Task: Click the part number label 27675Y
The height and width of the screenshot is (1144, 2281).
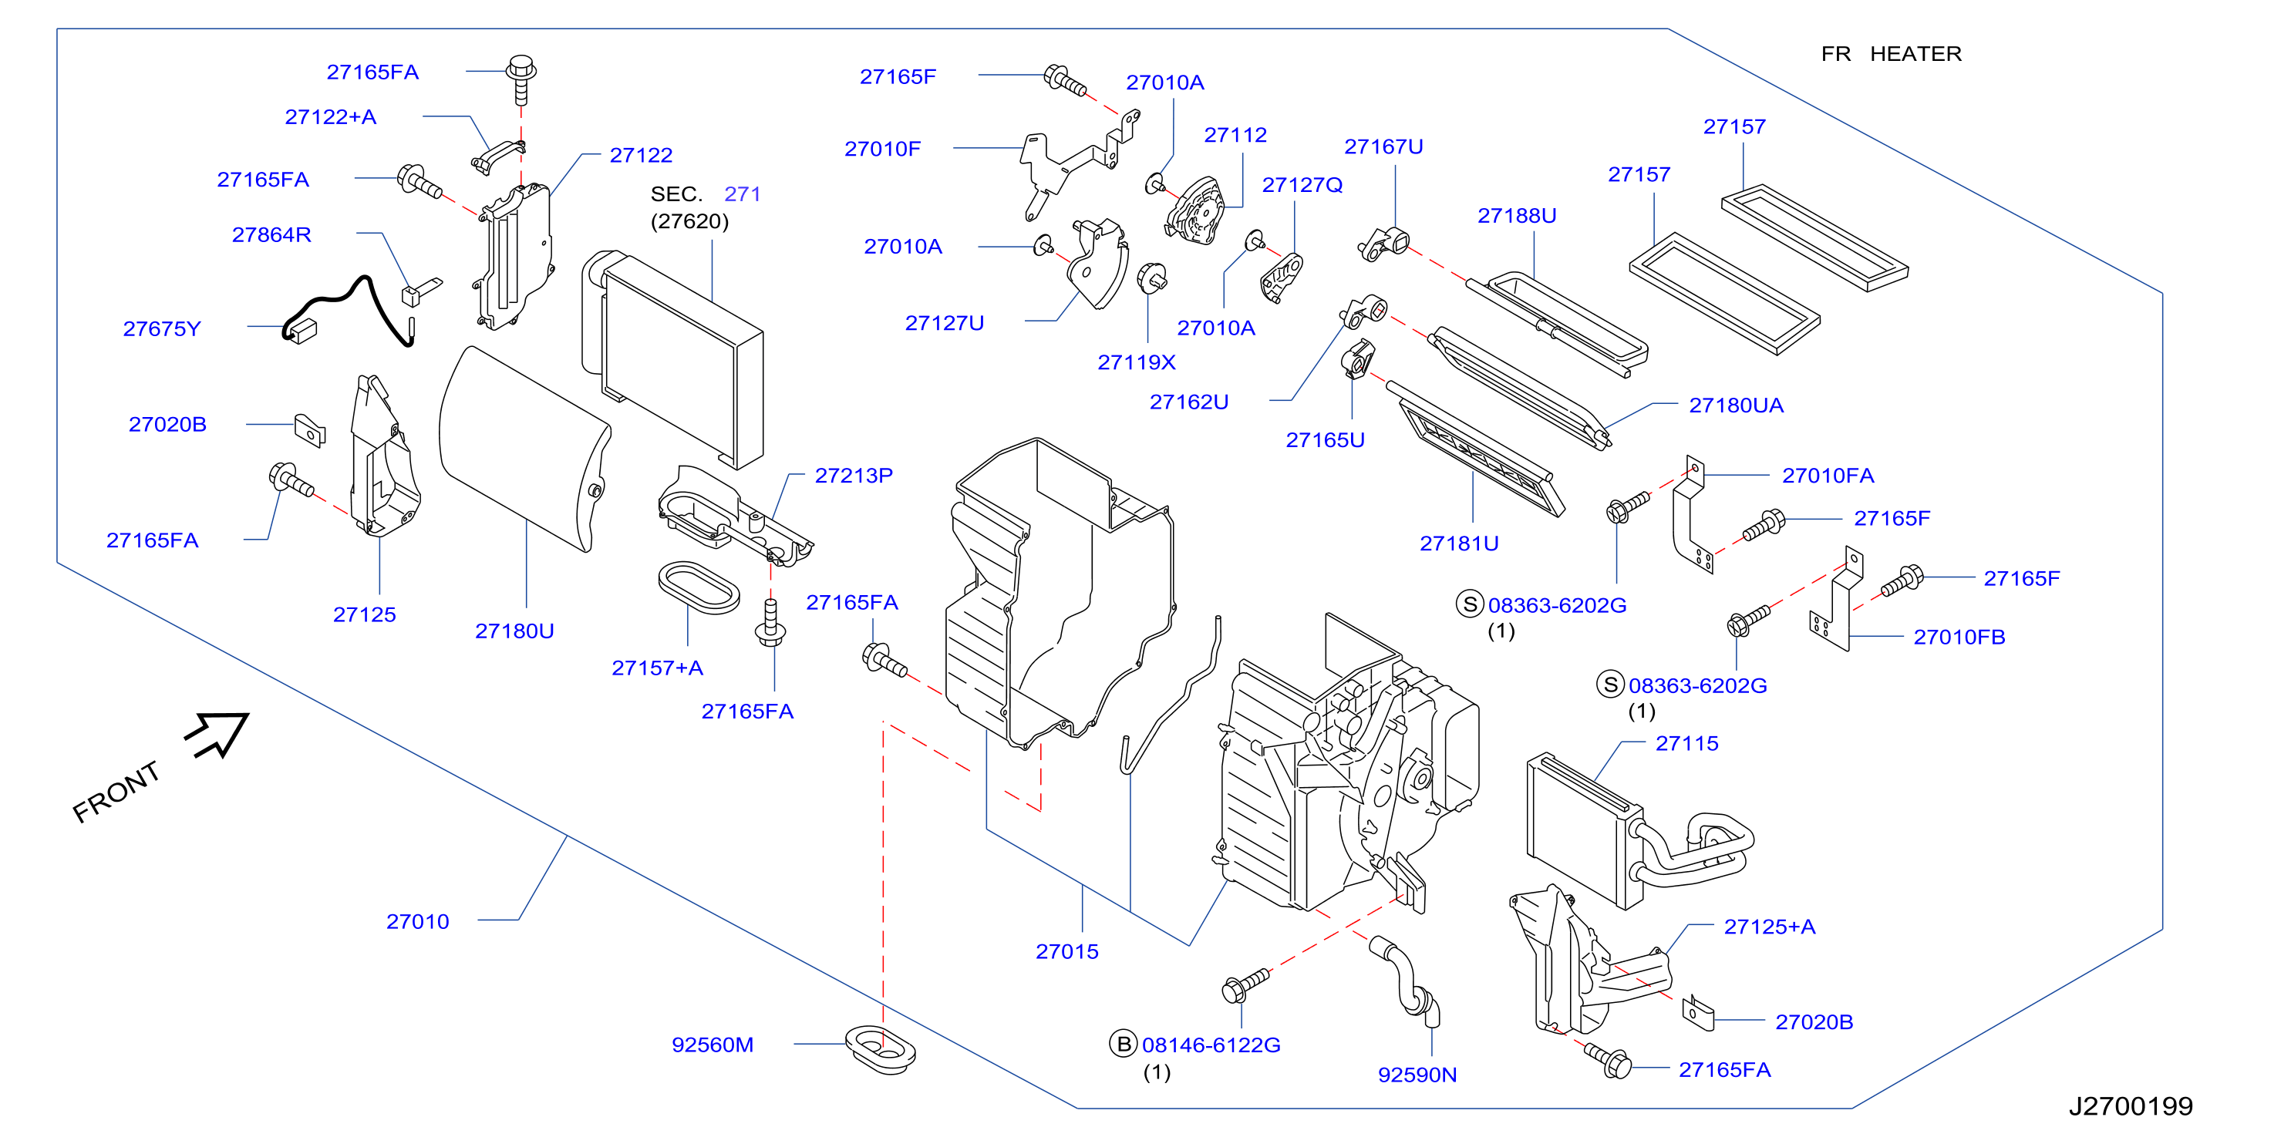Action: click(x=162, y=328)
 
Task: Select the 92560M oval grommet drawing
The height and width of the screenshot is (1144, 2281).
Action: click(x=880, y=1050)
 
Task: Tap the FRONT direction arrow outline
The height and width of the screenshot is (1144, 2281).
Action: click(x=217, y=734)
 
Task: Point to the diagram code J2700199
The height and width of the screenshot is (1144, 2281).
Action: click(x=2131, y=1106)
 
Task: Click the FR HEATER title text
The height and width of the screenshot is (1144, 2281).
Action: click(x=1892, y=54)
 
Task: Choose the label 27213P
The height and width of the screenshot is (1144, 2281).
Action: click(x=854, y=476)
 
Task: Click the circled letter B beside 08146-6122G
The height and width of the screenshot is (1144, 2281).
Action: click(x=1124, y=1044)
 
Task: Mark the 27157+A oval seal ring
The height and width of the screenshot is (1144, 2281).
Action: click(x=699, y=586)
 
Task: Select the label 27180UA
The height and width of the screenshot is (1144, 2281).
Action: click(x=1737, y=405)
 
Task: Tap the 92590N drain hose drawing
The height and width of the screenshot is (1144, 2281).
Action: click(x=1409, y=982)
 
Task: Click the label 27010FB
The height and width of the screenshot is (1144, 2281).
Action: click(x=1959, y=638)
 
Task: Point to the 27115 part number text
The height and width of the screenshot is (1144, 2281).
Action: click(x=1686, y=744)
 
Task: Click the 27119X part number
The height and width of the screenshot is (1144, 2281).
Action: click(x=1137, y=362)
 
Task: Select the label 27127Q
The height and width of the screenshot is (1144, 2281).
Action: click(x=1302, y=185)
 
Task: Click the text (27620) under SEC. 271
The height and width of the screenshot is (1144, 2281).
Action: click(x=690, y=221)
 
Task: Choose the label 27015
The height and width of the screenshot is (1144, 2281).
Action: click(x=1067, y=952)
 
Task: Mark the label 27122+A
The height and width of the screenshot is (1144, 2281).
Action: click(x=330, y=117)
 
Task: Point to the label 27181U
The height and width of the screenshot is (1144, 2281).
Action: click(x=1459, y=543)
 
